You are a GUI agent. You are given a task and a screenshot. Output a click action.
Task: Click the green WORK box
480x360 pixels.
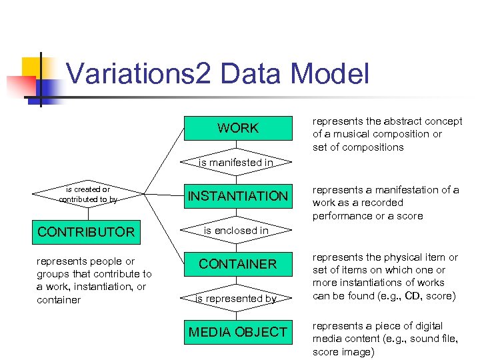238,128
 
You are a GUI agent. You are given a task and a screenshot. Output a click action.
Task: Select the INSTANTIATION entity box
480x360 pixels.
238,196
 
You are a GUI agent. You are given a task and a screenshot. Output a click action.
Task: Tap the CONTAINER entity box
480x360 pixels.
238,264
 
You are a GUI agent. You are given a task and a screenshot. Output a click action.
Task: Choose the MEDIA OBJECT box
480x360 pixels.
238,332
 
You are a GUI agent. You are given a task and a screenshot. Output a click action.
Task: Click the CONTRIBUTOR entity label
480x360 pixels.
86,232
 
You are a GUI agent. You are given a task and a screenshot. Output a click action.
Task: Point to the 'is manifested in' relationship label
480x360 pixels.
237,162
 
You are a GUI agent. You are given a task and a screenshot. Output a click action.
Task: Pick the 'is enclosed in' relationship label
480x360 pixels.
236,231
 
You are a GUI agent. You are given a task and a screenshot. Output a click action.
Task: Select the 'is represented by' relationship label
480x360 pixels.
236,299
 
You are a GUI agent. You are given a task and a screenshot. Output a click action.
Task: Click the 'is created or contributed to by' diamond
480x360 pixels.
87,195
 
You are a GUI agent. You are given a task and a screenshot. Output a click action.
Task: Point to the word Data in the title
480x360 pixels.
247,74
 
